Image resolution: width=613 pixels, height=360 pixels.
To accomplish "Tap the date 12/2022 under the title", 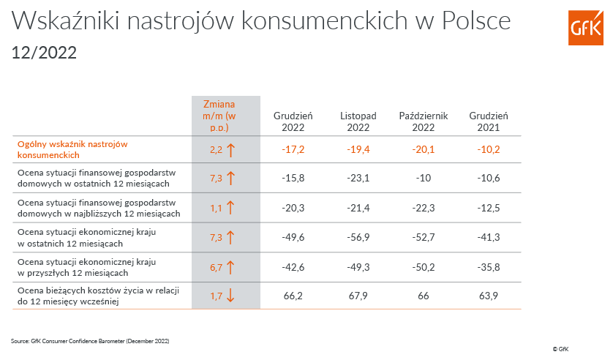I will pos(44,53).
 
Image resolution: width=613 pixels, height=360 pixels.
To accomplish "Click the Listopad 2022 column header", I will pos(358,121).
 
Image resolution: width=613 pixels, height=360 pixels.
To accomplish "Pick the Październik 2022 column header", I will pos(423,121).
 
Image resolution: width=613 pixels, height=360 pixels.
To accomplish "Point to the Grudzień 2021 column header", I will pos(489,121).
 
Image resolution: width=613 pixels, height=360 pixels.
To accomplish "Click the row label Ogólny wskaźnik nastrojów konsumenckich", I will pos(72,149).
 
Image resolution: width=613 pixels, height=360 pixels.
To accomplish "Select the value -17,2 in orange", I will pos(293,150).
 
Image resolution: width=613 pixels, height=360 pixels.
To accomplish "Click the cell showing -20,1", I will pos(423,150).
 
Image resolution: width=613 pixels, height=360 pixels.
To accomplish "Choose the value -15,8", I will pos(293,178).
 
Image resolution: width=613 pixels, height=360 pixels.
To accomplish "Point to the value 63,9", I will pos(489,296).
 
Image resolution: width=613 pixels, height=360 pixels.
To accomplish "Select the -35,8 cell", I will pos(489,267).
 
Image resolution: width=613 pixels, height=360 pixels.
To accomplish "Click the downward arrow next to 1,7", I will pos(230,296).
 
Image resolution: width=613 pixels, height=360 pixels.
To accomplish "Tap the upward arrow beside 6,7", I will pos(230,267).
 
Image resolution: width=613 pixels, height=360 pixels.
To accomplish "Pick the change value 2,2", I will pos(216,150).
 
